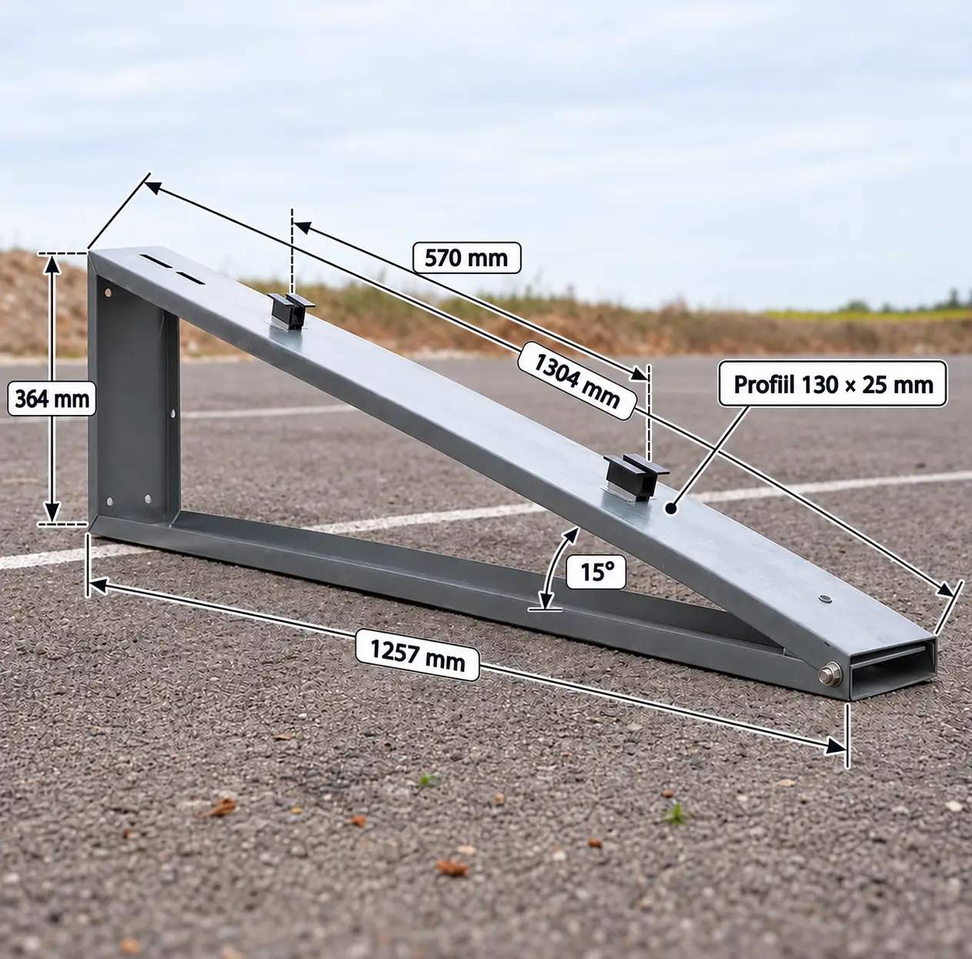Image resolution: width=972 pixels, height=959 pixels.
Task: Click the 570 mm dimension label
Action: coord(466,258)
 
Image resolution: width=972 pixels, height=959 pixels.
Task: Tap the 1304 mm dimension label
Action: coord(576,380)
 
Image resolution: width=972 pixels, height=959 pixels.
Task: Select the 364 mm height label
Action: coord(52,399)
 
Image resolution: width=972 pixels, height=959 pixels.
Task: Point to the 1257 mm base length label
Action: coord(417,655)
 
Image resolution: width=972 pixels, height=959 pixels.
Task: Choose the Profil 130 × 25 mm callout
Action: coord(833,384)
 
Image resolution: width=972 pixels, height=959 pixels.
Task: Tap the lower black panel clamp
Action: coord(636,476)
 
